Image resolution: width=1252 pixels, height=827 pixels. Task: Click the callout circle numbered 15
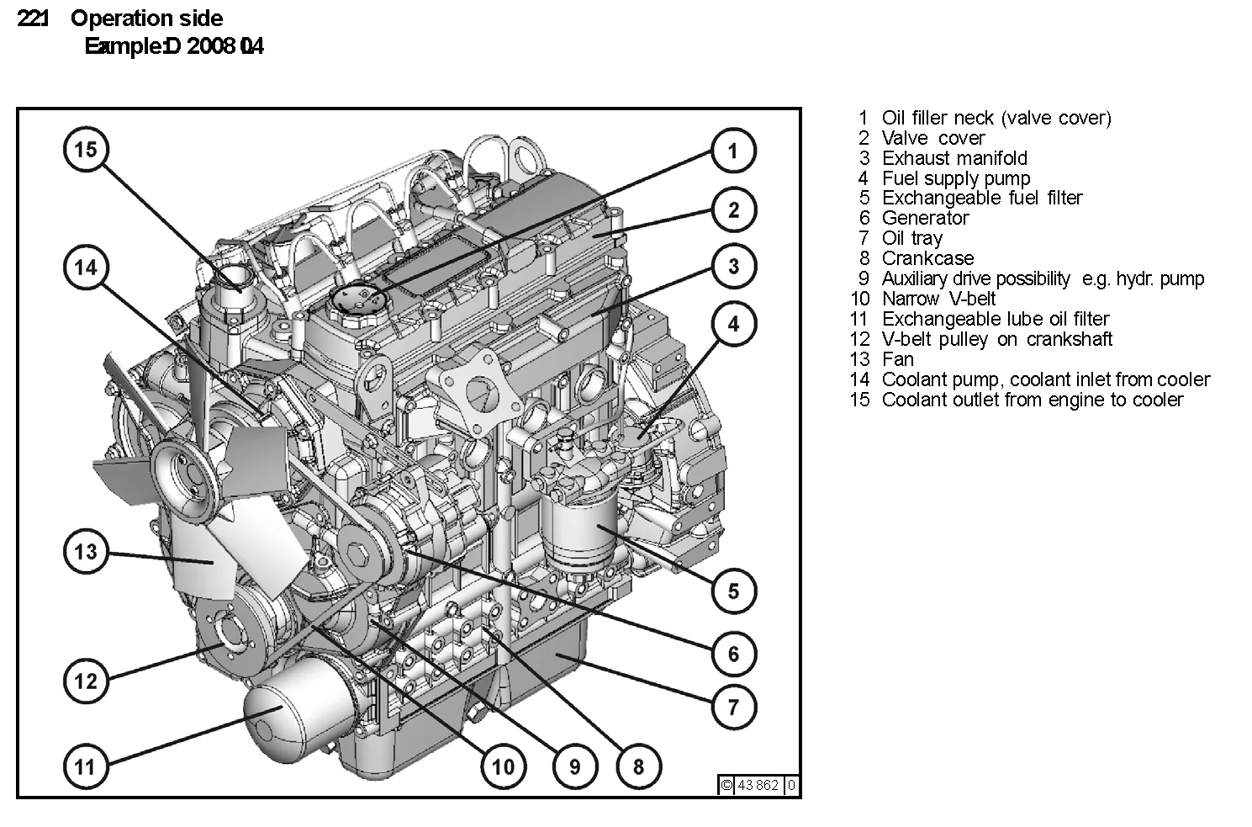point(86,150)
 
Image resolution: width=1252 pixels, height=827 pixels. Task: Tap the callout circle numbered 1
point(733,151)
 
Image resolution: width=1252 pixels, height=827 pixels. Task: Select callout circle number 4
point(733,324)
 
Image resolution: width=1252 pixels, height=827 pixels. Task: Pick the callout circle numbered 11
point(86,766)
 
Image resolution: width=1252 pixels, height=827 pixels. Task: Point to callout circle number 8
point(638,766)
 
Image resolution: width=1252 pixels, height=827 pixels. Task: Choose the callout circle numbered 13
point(86,552)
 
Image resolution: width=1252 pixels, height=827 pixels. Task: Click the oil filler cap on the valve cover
point(358,299)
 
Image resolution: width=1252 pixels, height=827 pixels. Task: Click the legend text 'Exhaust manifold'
point(954,158)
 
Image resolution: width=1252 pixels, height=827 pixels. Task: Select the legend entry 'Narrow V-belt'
point(938,299)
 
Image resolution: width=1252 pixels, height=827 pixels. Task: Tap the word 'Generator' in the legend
point(925,218)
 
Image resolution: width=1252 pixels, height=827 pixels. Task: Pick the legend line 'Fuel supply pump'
point(955,178)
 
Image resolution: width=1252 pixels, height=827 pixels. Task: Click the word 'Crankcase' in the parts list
point(927,258)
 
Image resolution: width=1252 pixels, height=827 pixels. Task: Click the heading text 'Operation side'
point(146,19)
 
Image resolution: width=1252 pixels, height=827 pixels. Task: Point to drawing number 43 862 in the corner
point(758,785)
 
